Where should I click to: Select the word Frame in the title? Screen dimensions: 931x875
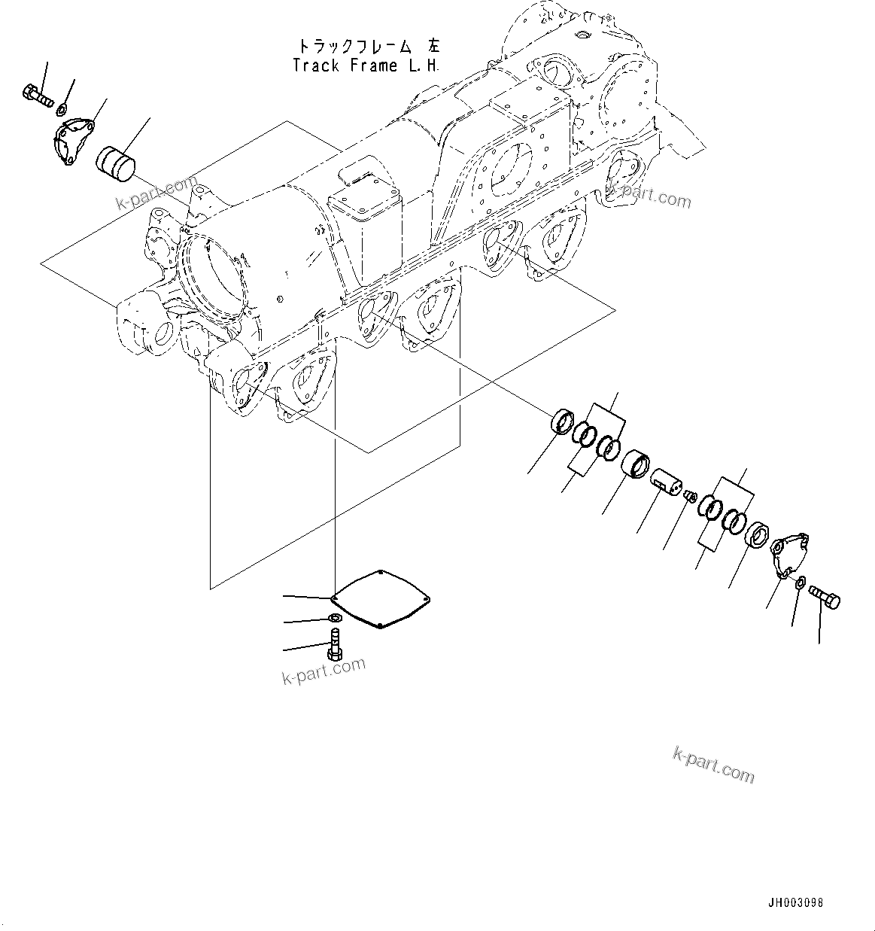pos(374,65)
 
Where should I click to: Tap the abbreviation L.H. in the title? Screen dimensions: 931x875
pos(424,65)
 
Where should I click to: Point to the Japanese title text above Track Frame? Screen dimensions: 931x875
pos(366,47)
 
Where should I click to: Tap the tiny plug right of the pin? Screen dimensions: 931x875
pos(690,493)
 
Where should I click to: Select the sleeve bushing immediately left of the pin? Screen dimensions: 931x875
pos(637,463)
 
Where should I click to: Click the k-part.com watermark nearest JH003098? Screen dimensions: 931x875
pos(712,765)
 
